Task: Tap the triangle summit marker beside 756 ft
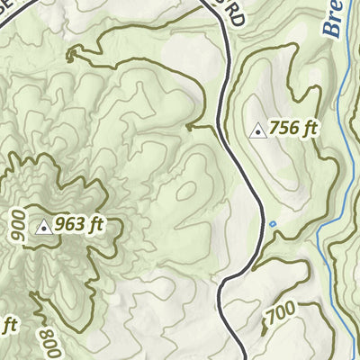258,130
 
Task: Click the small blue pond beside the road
272,223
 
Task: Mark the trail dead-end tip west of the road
187,128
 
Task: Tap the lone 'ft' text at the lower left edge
10,324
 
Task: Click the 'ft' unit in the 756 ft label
310,129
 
